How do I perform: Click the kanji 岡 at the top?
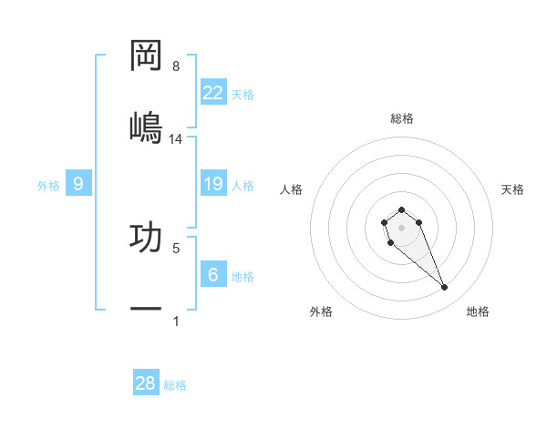tap(147, 56)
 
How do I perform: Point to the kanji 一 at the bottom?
tap(147, 310)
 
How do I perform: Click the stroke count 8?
tap(176, 66)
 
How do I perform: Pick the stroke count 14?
tap(176, 138)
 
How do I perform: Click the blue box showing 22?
tap(213, 93)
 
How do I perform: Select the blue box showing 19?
tap(213, 184)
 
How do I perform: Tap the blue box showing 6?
tap(213, 275)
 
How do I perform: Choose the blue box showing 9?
tap(78, 184)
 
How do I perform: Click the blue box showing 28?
tap(146, 383)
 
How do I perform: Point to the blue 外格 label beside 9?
tap(48, 185)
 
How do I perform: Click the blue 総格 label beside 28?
tap(175, 385)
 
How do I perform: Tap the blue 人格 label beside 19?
tap(243, 185)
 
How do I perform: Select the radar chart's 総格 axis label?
tap(402, 118)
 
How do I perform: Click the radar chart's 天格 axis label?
tap(512, 189)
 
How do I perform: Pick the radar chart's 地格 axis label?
tap(478, 311)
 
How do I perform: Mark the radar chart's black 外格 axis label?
tap(321, 311)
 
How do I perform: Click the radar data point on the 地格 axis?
tap(445, 288)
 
